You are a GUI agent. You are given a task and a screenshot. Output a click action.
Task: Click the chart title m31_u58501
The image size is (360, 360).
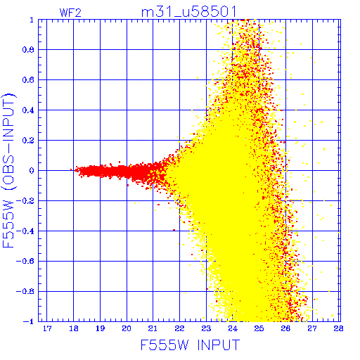click(x=188, y=12)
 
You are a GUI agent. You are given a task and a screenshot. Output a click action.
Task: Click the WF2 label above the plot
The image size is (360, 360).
click(x=70, y=13)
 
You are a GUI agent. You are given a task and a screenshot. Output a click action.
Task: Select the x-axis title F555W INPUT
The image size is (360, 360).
click(x=190, y=345)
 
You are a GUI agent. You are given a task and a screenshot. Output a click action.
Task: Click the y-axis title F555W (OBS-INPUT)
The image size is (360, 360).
click(x=8, y=170)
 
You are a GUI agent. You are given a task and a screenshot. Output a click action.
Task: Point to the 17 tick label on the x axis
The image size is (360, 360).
click(x=47, y=328)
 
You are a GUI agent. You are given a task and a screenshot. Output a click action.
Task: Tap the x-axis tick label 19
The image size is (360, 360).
click(x=100, y=328)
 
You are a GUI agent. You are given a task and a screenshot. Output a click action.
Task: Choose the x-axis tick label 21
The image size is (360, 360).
click(x=153, y=328)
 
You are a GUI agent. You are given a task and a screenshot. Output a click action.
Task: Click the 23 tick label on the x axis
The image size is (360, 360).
click(x=206, y=328)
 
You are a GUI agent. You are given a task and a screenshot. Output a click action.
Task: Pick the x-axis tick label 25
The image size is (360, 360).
click(x=259, y=328)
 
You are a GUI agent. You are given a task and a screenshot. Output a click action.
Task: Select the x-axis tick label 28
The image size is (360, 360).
click(x=338, y=328)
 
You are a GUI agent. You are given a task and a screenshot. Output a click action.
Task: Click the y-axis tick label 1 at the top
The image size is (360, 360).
click(x=32, y=20)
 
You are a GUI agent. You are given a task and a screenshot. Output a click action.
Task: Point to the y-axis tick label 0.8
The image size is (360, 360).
click(x=28, y=50)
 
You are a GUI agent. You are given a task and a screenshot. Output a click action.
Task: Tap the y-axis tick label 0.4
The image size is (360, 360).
click(x=28, y=110)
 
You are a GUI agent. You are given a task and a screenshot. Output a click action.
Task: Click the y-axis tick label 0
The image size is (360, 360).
click(x=32, y=171)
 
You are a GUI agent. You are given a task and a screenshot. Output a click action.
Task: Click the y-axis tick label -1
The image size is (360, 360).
click(x=29, y=321)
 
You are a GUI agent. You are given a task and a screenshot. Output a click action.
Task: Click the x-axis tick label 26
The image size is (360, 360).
click(x=285, y=328)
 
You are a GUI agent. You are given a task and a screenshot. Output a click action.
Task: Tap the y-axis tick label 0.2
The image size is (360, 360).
click(x=28, y=141)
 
